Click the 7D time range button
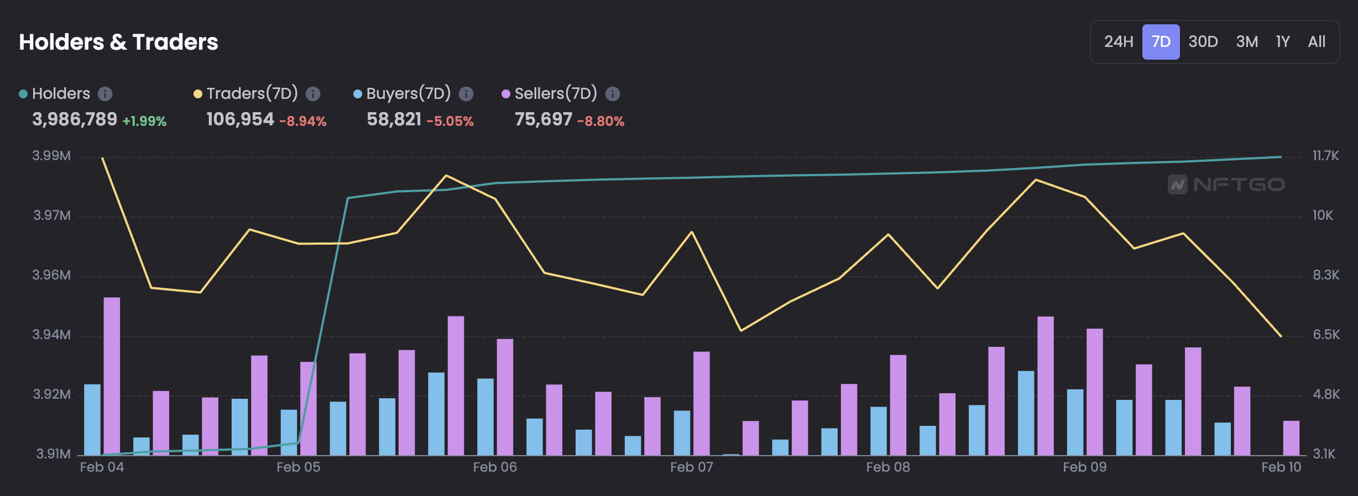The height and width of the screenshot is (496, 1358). coord(1161,42)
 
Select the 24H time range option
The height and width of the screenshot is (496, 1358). coord(1118,42)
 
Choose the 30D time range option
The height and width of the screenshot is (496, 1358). coord(1203,42)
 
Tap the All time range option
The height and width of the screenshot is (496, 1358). coord(1317,42)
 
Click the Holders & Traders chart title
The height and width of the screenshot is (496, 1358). coord(118,42)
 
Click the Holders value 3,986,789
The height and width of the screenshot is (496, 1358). coord(75,119)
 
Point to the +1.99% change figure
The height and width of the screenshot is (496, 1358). coord(144,121)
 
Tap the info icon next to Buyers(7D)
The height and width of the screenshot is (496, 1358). coord(466,94)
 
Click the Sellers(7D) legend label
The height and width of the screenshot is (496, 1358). coord(556,93)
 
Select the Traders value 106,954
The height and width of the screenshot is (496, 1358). coord(240,119)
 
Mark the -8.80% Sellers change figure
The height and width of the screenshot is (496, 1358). coord(600,121)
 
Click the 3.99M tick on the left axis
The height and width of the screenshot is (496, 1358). coord(51,156)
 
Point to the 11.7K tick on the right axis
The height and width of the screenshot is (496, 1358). coord(1325,156)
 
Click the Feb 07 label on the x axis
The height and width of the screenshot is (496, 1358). coord(691,467)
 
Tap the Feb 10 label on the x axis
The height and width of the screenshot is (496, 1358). coord(1281,467)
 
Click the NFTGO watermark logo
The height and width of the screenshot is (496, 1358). coord(1226,184)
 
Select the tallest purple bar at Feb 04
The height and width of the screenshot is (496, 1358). coord(112,376)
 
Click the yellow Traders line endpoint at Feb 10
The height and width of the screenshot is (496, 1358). coord(1281,336)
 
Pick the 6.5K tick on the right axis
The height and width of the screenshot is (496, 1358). coord(1326,335)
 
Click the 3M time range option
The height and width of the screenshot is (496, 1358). coord(1247,42)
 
